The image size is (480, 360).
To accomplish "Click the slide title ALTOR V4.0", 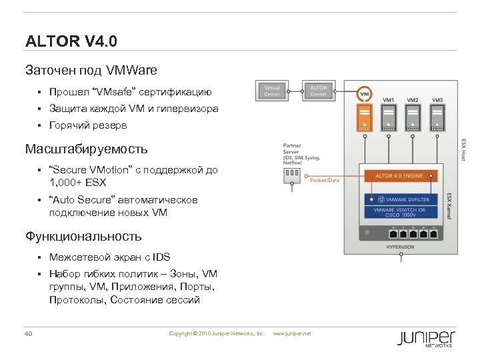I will pyautogui.click(x=71, y=42).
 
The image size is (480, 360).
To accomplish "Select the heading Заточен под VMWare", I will pyautogui.click(x=91, y=70).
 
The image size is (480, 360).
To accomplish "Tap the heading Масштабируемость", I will pyautogui.click(x=86, y=148).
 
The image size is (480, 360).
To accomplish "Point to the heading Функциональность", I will pyautogui.click(x=83, y=235).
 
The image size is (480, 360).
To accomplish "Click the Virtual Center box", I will pyautogui.click(x=272, y=91).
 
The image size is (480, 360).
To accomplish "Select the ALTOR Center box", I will pyautogui.click(x=319, y=91).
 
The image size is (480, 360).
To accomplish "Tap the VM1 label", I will pyautogui.click(x=388, y=100).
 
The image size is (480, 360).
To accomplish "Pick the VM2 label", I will pyautogui.click(x=413, y=100).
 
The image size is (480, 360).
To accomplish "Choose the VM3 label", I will pyautogui.click(x=437, y=100).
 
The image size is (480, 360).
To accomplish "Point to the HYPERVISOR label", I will pyautogui.click(x=400, y=247).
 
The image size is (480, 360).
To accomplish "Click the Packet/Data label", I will pyautogui.click(x=325, y=180).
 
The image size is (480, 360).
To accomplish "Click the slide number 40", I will pyautogui.click(x=29, y=333).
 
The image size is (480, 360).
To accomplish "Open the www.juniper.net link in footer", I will pyautogui.click(x=293, y=333).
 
